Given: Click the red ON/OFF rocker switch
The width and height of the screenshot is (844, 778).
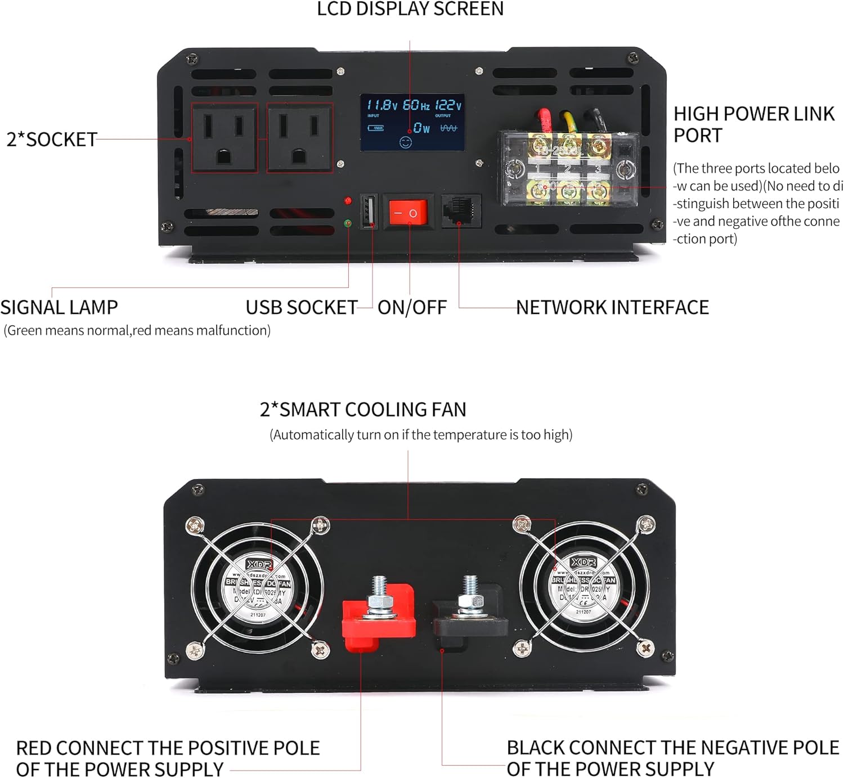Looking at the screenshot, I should tap(408, 213).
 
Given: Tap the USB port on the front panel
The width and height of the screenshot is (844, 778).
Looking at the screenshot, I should tap(369, 212).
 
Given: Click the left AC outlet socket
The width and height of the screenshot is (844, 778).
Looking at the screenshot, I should tap(225, 138).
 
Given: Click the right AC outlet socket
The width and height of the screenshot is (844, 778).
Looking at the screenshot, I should tap(299, 138).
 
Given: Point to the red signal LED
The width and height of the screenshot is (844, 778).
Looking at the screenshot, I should tap(348, 200).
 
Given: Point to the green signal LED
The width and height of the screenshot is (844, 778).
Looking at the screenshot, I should tap(348, 223).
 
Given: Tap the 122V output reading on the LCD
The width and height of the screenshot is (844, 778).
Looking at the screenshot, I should tap(448, 105).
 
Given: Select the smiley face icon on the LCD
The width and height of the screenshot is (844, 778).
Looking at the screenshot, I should tap(405, 142).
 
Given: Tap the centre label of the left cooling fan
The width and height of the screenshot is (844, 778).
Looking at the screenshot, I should tap(259, 589).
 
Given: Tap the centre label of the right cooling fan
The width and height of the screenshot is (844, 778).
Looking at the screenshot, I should tap(583, 587).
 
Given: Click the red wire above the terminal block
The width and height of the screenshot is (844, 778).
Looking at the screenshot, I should tap(545, 120).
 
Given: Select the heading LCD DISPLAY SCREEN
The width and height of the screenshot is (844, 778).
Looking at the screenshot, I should tap(410, 9).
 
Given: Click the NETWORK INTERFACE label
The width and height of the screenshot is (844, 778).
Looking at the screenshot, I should tap(612, 308).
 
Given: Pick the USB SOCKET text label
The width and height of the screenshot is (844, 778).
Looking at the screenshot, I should tap(302, 308).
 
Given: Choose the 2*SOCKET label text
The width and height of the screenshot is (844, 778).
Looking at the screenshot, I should tap(52, 140).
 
